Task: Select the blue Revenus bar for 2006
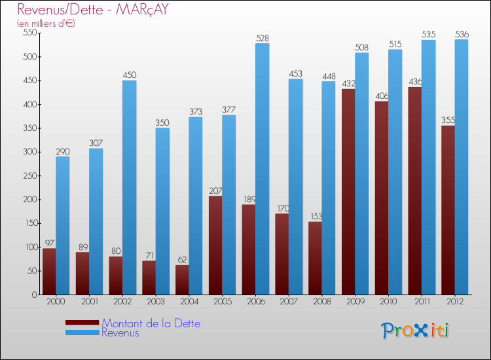(262, 169)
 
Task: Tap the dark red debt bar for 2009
(348, 191)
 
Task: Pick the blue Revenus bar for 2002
(130, 187)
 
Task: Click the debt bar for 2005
(215, 245)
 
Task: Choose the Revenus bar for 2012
(462, 167)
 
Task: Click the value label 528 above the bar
(263, 39)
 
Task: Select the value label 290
(63, 152)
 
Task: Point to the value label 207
(215, 191)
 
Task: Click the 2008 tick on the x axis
(321, 301)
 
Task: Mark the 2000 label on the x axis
(56, 301)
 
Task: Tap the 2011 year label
(421, 301)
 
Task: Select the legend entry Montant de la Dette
(151, 323)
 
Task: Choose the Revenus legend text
(120, 333)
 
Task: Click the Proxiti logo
(416, 331)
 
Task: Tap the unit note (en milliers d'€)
(46, 24)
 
